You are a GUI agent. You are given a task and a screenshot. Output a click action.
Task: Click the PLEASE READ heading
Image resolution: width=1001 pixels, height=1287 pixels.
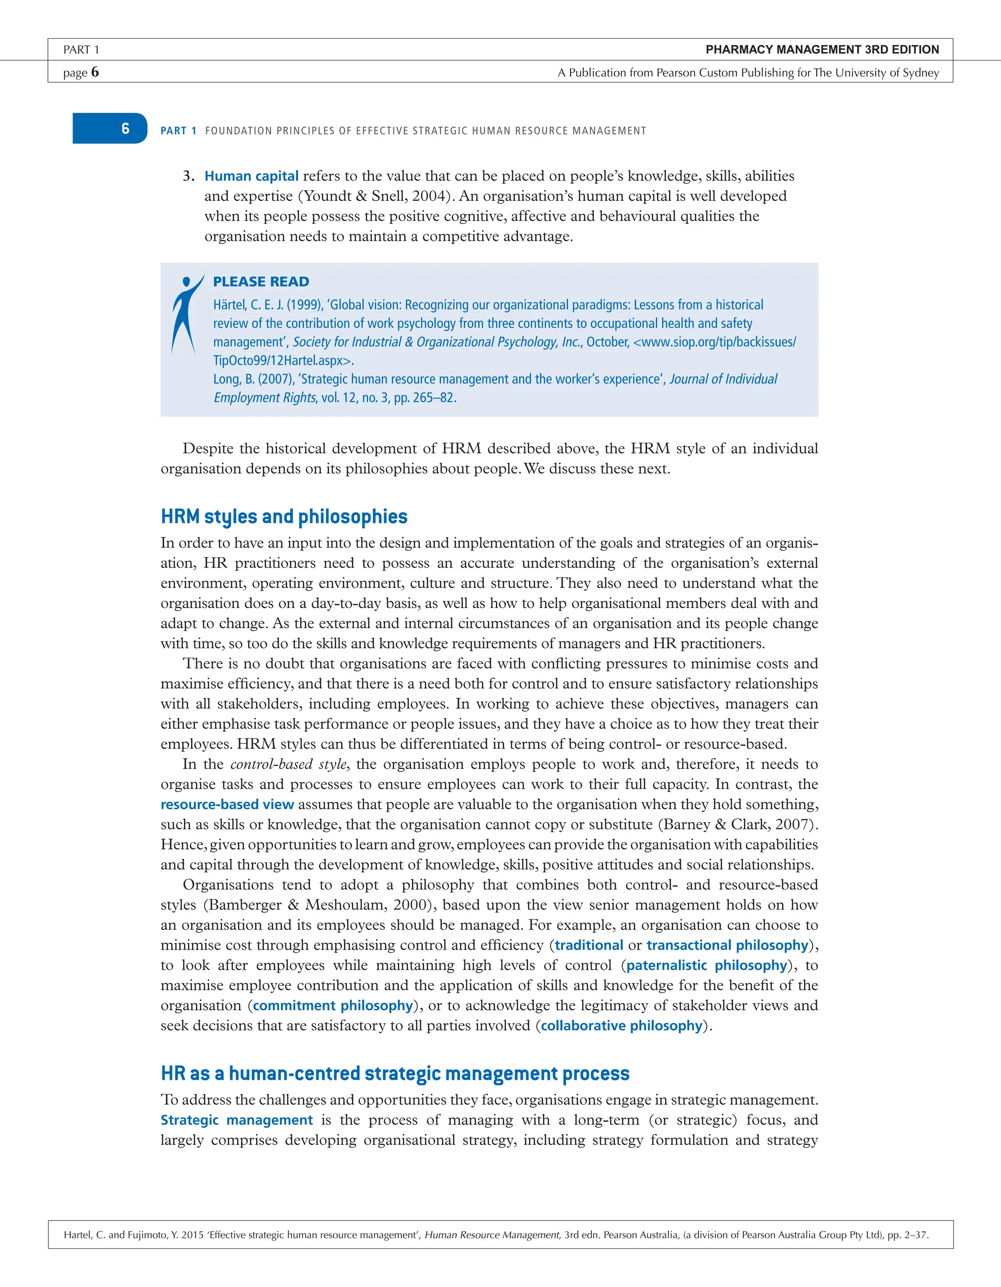[x=261, y=282]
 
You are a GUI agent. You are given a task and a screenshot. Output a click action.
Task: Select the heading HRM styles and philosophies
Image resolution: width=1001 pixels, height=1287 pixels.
[x=284, y=517]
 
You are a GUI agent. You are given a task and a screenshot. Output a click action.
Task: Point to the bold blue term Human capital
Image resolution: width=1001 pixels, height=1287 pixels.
[x=252, y=176]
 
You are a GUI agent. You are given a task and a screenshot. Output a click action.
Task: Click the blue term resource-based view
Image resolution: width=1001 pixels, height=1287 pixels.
[x=227, y=805]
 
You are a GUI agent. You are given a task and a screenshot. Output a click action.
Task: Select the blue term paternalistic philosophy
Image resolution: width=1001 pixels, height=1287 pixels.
[x=706, y=965]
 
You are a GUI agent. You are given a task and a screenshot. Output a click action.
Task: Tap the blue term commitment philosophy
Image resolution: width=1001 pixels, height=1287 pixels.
[x=333, y=1005]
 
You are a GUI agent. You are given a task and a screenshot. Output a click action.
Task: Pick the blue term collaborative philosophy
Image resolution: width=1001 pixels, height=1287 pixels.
[x=622, y=1025]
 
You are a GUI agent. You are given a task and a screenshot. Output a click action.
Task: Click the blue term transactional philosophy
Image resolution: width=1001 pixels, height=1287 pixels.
[x=727, y=945]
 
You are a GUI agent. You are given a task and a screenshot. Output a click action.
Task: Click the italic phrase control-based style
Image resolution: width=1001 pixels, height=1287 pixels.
[x=288, y=764]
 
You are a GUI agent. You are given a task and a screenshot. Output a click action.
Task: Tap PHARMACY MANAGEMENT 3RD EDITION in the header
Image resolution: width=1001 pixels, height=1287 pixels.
[x=822, y=49]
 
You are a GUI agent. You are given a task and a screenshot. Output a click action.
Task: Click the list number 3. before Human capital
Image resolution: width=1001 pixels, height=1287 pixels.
[x=189, y=176]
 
